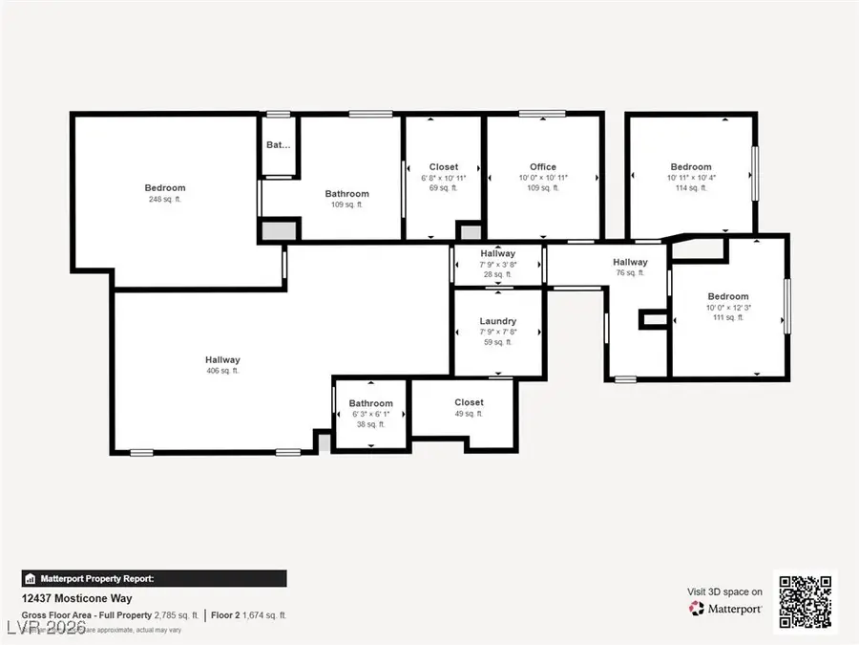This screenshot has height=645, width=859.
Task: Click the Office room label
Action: coord(542,167)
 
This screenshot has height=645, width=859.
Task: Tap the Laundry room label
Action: coord(498,321)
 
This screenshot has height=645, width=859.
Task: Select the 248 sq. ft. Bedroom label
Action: coord(165,188)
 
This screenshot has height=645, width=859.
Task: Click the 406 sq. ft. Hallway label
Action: coord(222,359)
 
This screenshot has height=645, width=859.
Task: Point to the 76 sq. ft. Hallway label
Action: coord(630,262)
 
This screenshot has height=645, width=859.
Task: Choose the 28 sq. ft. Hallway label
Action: coord(498,253)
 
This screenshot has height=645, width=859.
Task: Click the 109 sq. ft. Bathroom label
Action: coord(346,194)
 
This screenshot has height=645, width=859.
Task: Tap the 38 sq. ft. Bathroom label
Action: coord(370,403)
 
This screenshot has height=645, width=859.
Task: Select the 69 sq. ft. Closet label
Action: coord(443,167)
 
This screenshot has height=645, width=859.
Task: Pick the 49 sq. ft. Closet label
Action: coord(469,402)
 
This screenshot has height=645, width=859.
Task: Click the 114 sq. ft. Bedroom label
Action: coord(691,167)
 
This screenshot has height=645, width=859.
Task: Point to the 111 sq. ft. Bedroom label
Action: coord(727,296)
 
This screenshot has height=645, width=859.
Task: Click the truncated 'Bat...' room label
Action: coord(279,145)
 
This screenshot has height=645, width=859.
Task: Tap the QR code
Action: coord(805,602)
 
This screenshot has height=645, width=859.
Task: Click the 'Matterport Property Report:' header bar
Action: coord(154,578)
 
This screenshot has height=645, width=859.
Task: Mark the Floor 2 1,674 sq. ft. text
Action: coord(248,615)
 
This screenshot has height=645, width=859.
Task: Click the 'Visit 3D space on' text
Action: coord(724,591)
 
